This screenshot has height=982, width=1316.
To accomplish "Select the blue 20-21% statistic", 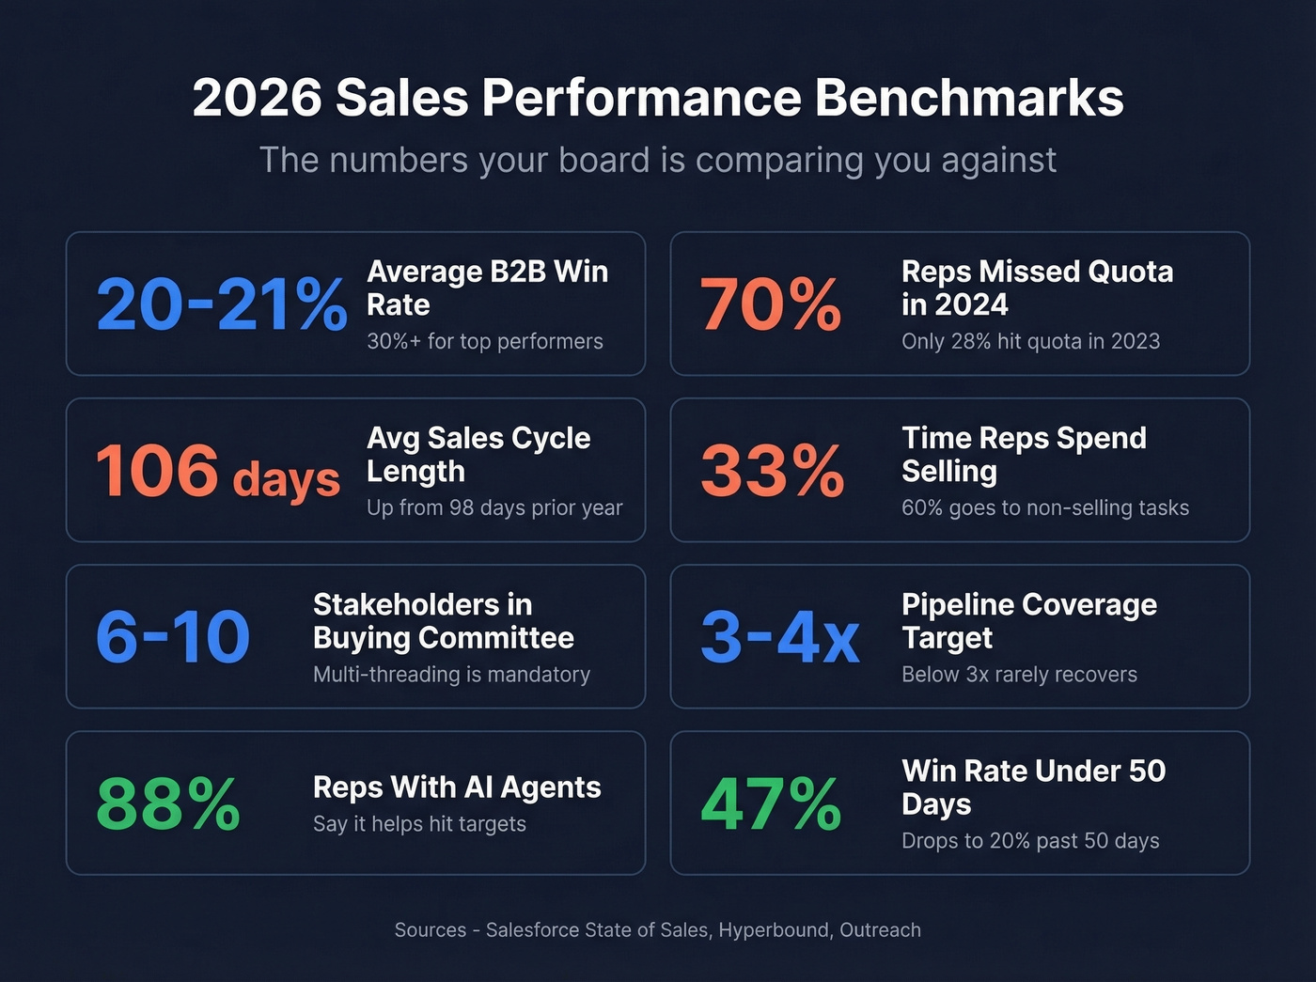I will tap(222, 304).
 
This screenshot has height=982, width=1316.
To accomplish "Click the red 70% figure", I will tap(771, 304).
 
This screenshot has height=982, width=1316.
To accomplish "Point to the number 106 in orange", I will tap(157, 470).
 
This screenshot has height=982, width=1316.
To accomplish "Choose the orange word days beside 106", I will tap(286, 478).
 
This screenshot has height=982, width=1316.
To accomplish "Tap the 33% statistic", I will tap(772, 470).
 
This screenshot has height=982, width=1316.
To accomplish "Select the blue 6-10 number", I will tap(173, 637).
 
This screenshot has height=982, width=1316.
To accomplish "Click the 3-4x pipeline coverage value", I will tap(779, 637).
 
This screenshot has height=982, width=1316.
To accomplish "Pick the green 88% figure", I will tap(168, 803).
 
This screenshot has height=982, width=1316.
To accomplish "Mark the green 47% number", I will tap(771, 803).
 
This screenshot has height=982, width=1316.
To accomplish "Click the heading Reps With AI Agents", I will tap(457, 787).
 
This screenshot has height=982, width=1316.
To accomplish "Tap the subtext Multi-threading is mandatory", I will tap(451, 674).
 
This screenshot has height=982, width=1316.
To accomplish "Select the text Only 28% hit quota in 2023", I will tap(1030, 341).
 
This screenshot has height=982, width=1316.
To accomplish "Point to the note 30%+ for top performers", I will tap(485, 341).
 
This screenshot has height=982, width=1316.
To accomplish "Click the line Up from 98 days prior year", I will tap(494, 507).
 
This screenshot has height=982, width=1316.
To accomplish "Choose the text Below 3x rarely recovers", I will tap(1019, 674).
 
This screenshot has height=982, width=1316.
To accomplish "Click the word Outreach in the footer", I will tap(880, 930).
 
